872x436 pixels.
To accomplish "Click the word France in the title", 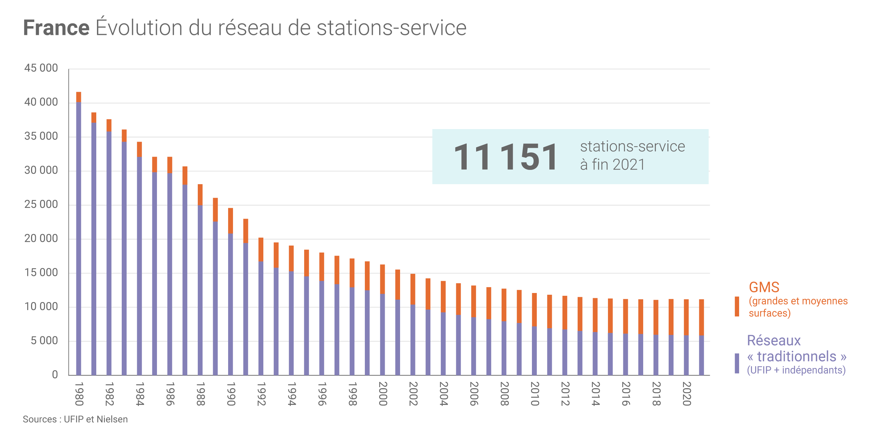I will click(56, 28).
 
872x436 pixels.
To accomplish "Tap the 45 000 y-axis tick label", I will click(41, 68).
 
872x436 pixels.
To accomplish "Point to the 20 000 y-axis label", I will click(41, 239).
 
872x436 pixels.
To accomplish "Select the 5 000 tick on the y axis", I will click(44, 341).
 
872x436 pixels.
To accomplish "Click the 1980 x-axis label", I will click(79, 394).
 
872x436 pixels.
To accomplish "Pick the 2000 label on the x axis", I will click(383, 394).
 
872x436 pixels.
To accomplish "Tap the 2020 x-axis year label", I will click(686, 394).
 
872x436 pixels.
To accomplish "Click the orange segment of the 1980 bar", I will click(79, 97).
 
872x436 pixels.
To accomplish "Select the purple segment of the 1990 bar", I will click(231, 303).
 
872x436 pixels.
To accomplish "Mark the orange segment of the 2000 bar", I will click(383, 279).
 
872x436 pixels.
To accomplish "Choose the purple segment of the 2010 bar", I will click(534, 351).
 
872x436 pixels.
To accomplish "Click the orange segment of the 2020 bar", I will click(686, 317).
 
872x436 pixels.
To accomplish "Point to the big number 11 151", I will click(506, 157).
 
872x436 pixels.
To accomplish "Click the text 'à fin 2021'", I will click(612, 165).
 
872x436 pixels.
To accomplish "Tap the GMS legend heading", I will click(764, 287).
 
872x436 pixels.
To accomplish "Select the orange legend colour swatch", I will click(737, 306).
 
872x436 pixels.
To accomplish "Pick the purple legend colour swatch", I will click(737, 363).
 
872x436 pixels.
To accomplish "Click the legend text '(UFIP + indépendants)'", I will click(796, 370).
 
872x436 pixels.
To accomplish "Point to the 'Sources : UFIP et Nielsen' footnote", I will click(75, 419).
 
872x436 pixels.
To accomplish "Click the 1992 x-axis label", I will click(261, 394).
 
